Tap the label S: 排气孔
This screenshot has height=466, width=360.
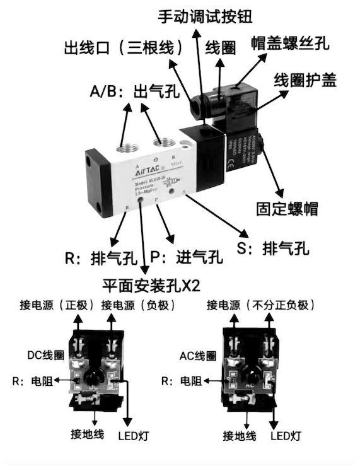click(273, 248)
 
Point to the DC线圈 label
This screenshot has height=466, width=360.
click(45, 355)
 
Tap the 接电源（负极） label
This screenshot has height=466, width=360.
click(137, 305)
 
